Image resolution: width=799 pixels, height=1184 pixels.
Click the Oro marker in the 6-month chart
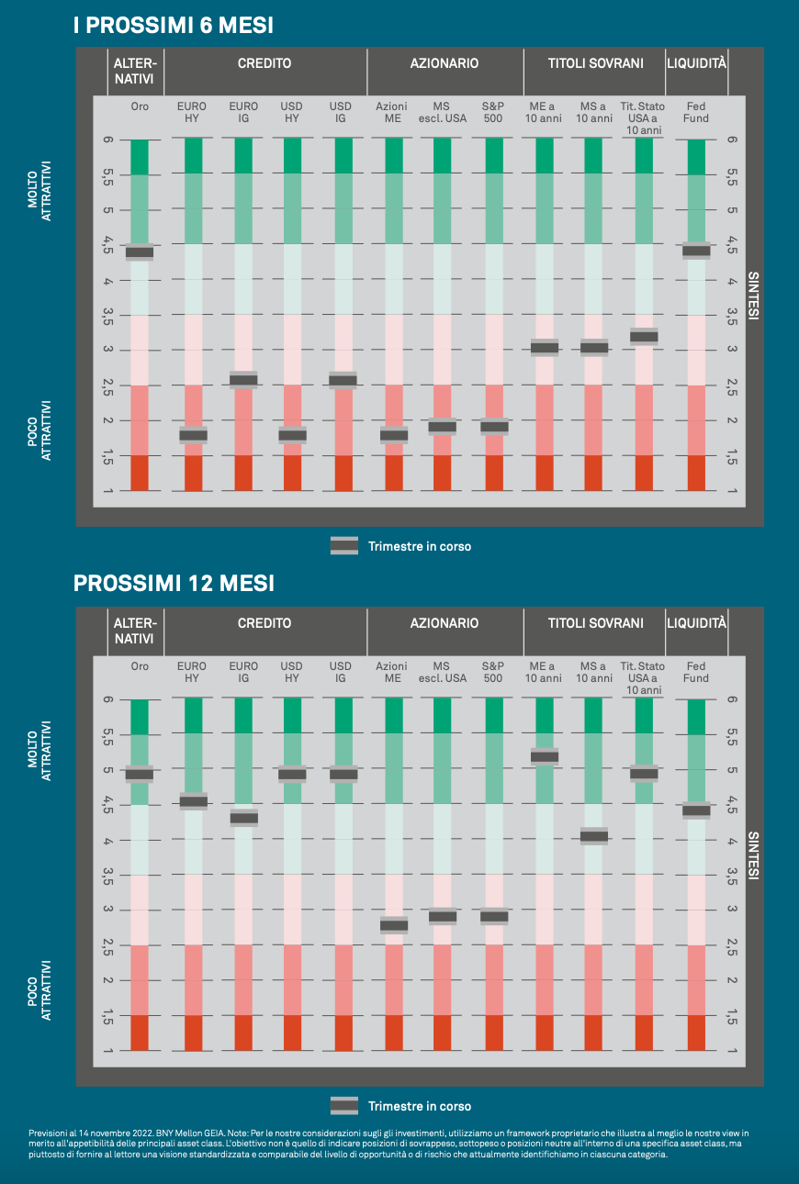point(140,251)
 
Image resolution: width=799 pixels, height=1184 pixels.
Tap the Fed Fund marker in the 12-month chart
point(696,810)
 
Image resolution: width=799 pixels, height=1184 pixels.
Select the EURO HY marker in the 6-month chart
point(193,434)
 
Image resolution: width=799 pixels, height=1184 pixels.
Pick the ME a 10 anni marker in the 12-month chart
point(544,756)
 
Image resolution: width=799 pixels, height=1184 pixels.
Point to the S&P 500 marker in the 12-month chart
point(494,916)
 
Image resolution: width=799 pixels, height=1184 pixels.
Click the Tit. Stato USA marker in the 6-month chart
point(643,336)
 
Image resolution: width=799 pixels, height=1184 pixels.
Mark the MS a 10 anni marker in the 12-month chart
point(593,835)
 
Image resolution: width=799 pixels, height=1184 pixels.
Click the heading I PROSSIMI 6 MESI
point(174,26)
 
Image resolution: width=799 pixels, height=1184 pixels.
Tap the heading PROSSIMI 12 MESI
point(174,584)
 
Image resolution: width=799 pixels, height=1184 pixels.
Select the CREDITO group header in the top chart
point(264,63)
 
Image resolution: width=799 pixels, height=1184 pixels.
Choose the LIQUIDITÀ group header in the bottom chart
point(696,623)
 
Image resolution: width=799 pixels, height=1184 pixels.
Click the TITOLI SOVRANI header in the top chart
point(595,63)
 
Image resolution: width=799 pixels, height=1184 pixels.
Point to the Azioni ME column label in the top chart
point(391,112)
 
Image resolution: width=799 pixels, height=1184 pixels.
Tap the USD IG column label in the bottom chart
point(341,672)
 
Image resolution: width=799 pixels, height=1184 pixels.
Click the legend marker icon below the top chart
point(343,546)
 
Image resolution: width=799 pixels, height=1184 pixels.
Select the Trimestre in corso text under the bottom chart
point(420,1106)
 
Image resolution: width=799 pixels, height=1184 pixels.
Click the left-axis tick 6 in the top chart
point(108,140)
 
